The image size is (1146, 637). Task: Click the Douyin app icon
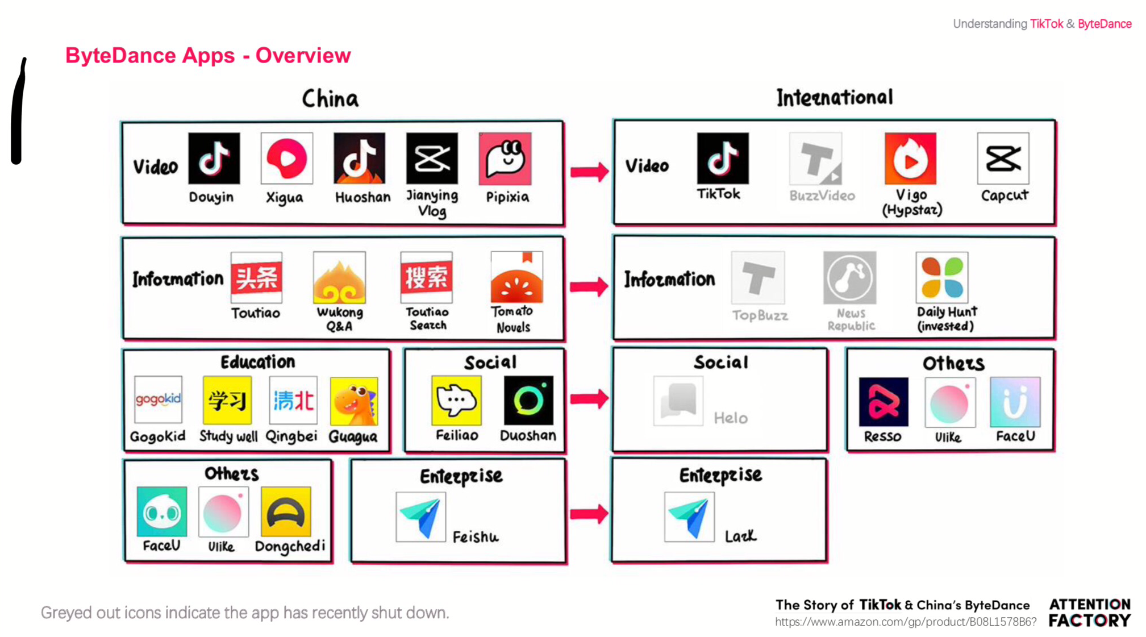tap(214, 159)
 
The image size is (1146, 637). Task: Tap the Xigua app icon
tap(286, 159)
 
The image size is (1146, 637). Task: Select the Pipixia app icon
tap(505, 159)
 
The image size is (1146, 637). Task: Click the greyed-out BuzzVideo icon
tap(815, 159)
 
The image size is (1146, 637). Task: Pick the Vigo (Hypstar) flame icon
tap(910, 159)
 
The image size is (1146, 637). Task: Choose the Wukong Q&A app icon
tap(339, 278)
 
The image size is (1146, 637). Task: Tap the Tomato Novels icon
tap(516, 277)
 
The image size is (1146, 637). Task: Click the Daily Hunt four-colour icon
tap(942, 277)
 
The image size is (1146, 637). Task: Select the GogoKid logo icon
tap(158, 399)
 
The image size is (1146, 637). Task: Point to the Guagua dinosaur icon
tap(353, 401)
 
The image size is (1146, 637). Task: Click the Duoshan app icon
tap(528, 401)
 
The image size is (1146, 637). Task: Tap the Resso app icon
tap(884, 402)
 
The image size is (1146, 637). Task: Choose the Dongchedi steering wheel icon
tap(286, 511)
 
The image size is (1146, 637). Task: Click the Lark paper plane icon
tap(689, 517)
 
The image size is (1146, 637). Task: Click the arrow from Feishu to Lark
tap(589, 514)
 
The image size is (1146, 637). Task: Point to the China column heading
tap(330, 99)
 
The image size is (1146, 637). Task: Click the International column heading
tap(834, 97)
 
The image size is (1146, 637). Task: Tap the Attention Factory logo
tap(1089, 612)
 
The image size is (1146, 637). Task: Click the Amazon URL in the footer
tap(906, 622)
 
